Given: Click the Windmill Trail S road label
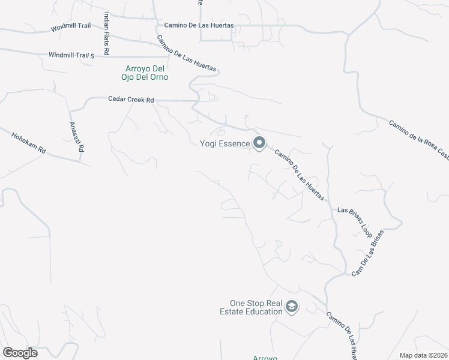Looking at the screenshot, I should pyautogui.click(x=71, y=56).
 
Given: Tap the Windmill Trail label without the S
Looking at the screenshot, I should pyautogui.click(x=70, y=28).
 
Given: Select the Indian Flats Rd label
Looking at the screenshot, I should pyautogui.click(x=106, y=34).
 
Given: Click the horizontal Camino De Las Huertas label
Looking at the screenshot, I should pyautogui.click(x=199, y=26).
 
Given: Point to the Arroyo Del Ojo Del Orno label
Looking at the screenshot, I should pyautogui.click(x=145, y=73).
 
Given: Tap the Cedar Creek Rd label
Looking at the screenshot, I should pyautogui.click(x=131, y=99).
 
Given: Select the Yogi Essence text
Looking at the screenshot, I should pyautogui.click(x=224, y=143).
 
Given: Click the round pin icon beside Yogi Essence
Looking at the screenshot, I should pyautogui.click(x=259, y=143).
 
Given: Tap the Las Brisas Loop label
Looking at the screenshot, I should pyautogui.click(x=355, y=221).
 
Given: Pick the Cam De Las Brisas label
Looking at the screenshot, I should pyautogui.click(x=367, y=253).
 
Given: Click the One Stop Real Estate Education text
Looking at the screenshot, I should pyautogui.click(x=256, y=307).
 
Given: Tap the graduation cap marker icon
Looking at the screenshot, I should pyautogui.click(x=292, y=307).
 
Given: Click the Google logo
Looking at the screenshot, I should pyautogui.click(x=20, y=353).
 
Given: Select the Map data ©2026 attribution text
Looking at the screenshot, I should pyautogui.click(x=423, y=355).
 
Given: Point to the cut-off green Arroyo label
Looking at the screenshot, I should pyautogui.click(x=264, y=358).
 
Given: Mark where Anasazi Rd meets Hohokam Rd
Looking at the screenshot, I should pyautogui.click(x=80, y=160).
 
